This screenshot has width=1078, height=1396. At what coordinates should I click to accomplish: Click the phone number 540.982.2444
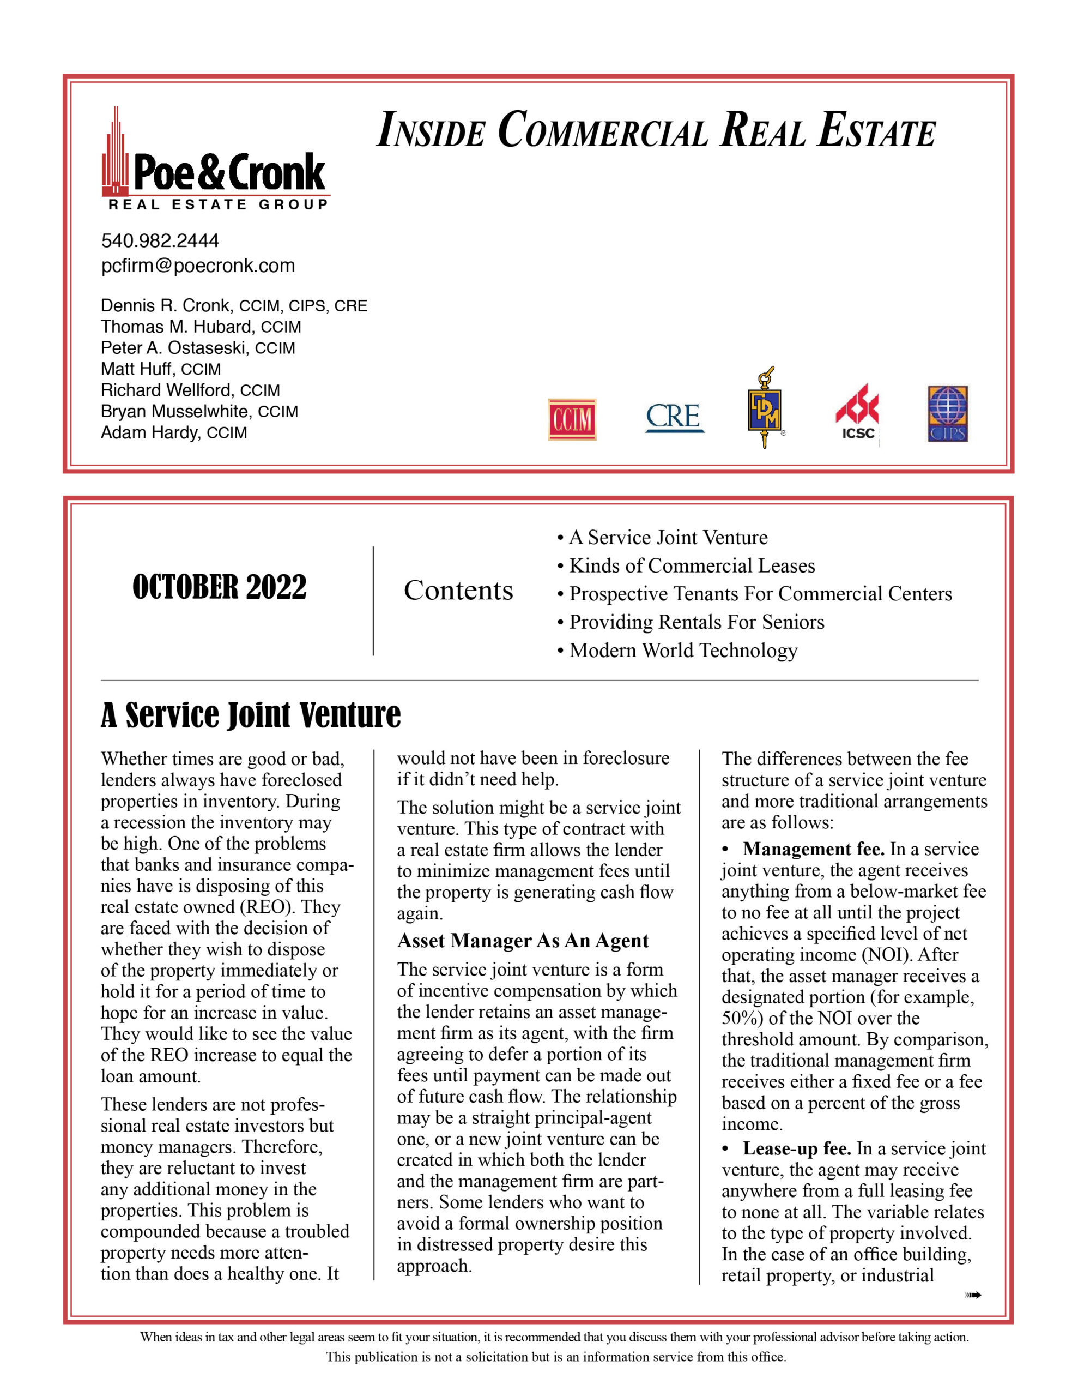(x=160, y=241)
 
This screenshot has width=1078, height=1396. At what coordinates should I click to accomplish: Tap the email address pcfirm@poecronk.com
(x=198, y=266)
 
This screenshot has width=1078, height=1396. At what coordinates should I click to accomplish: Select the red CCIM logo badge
(x=572, y=419)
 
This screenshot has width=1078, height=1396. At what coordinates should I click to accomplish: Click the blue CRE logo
(x=674, y=417)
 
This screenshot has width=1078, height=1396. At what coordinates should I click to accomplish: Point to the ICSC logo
(x=857, y=413)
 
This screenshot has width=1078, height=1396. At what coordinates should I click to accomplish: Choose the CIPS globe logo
(x=948, y=413)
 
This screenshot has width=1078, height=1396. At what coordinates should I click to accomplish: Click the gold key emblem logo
(x=765, y=407)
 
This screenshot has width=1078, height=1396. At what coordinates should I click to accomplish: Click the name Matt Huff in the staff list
(x=137, y=369)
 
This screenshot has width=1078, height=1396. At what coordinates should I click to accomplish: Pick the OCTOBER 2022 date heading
(x=219, y=587)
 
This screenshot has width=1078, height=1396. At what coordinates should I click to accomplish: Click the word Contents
(x=458, y=591)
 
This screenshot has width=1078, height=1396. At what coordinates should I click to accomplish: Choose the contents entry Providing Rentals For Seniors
(x=697, y=622)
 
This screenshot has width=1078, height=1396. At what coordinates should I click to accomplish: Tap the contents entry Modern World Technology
(x=683, y=650)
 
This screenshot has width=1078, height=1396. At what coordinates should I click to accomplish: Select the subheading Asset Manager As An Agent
(x=523, y=941)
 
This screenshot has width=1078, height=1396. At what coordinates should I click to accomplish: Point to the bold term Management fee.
(x=814, y=849)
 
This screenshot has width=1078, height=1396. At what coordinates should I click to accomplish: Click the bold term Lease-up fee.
(x=796, y=1148)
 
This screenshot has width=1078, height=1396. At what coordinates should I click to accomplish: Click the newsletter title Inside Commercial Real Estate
(x=656, y=130)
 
